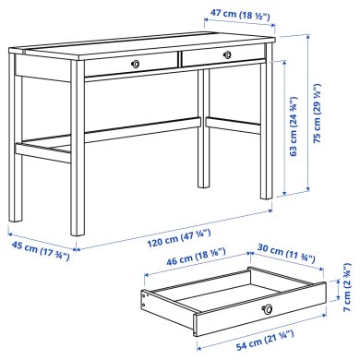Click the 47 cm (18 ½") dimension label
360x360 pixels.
click(234, 16)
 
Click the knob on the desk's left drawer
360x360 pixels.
click(135, 64)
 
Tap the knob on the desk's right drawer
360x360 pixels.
click(225, 55)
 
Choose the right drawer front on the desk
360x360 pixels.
click(222, 56)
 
